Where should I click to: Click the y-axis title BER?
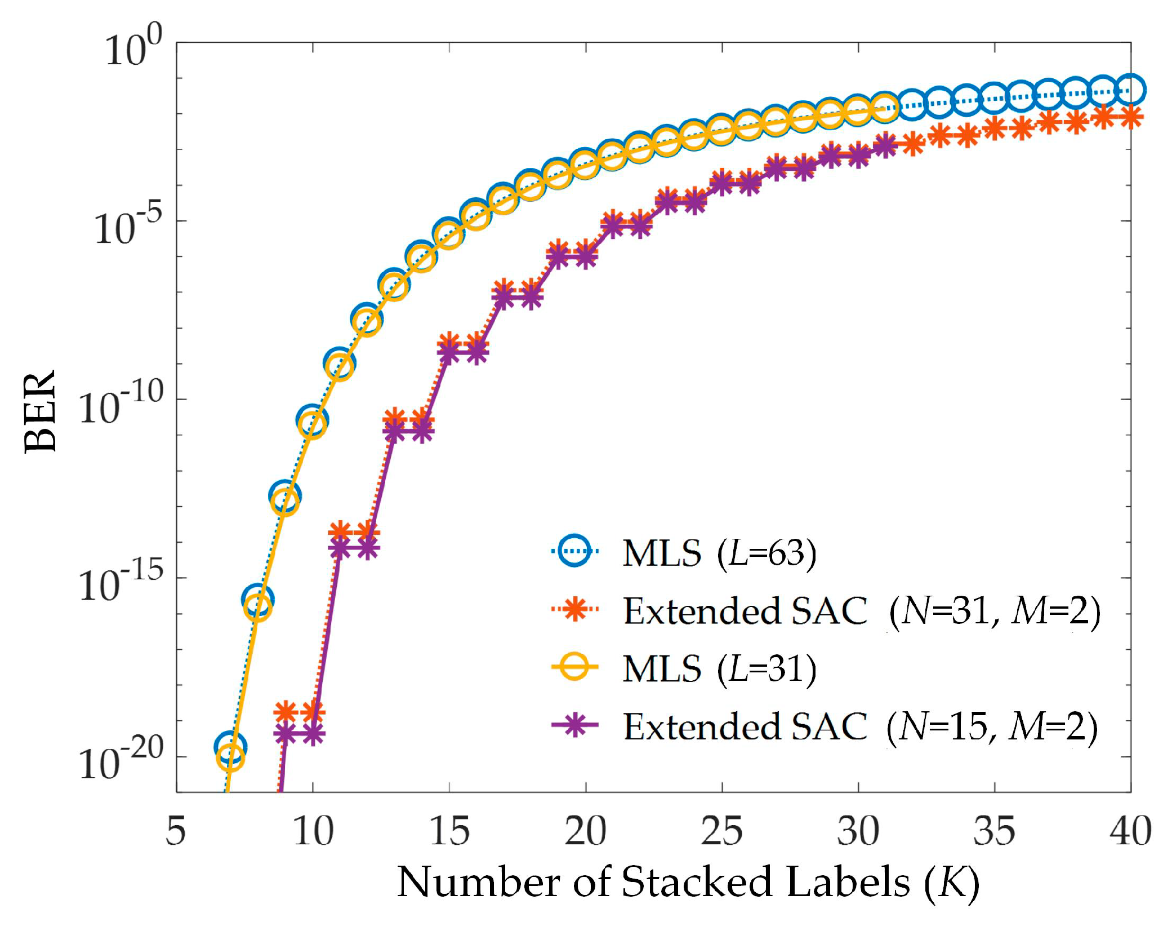click(x=41, y=411)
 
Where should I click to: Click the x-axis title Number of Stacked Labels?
click(x=687, y=883)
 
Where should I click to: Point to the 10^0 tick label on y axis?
click(x=133, y=48)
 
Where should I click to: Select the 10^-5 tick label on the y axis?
click(x=127, y=225)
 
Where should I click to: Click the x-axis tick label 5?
click(x=176, y=831)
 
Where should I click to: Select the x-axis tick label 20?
click(x=586, y=831)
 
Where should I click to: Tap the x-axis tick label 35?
click(x=994, y=831)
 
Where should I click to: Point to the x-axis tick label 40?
click(x=1130, y=831)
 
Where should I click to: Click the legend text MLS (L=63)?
click(x=719, y=553)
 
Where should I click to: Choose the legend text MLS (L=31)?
click(x=719, y=669)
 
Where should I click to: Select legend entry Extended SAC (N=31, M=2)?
click(x=862, y=611)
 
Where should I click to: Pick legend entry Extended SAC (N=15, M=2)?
click(x=861, y=727)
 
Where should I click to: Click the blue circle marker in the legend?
click(x=574, y=551)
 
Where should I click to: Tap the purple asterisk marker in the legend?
click(x=574, y=724)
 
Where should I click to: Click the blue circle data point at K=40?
click(x=1130, y=89)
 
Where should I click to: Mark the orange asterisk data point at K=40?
click(x=1130, y=117)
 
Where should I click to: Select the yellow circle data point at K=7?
click(x=230, y=757)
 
